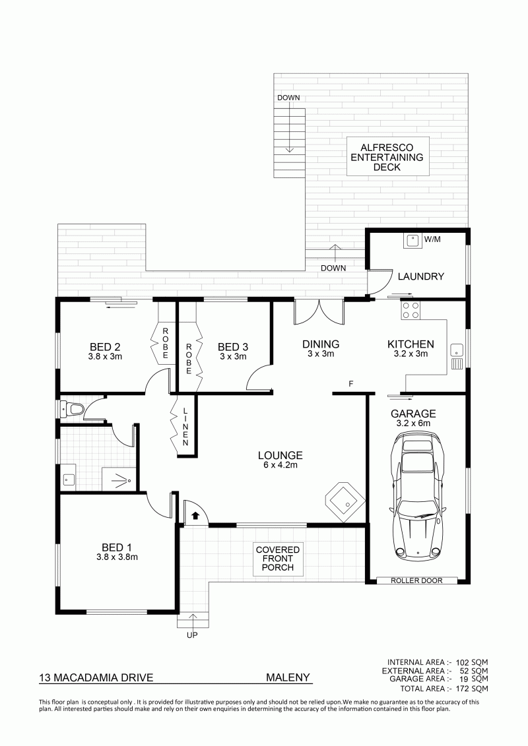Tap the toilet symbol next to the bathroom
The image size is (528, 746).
tap(72, 408)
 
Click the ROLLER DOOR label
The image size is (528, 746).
tap(416, 580)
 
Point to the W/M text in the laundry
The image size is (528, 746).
tap(432, 239)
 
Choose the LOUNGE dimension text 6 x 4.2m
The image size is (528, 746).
tap(280, 465)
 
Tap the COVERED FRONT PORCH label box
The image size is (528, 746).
tap(278, 559)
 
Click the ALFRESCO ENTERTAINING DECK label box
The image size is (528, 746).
tap(387, 157)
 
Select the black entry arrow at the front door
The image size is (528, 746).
tap(195, 514)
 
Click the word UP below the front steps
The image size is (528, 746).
tap(192, 635)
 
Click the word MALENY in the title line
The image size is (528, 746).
tap(288, 677)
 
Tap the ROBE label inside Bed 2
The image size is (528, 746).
tap(165, 343)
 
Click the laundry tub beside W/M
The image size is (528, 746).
tap(411, 241)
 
